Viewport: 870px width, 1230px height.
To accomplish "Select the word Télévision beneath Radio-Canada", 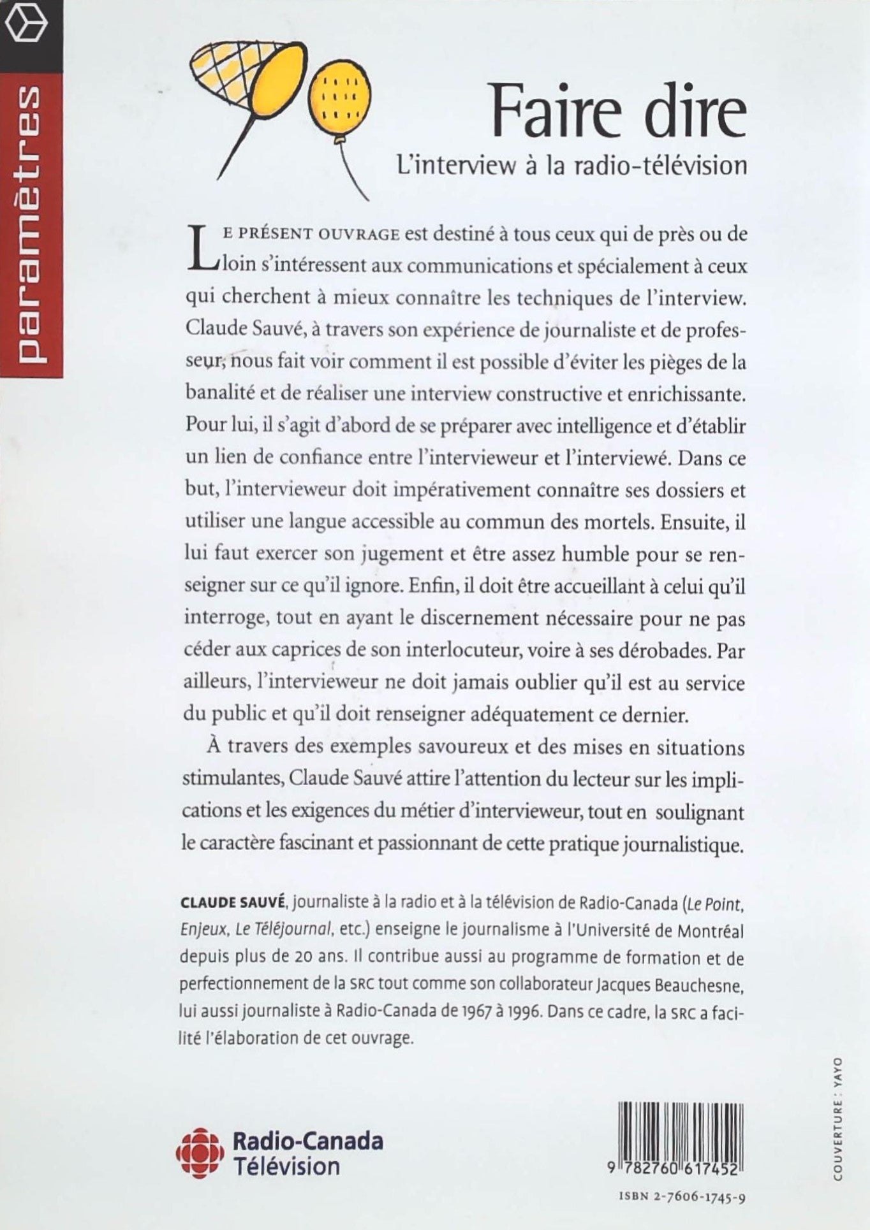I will [287, 1166].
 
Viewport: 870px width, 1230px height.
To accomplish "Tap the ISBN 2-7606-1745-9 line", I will [682, 1196].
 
